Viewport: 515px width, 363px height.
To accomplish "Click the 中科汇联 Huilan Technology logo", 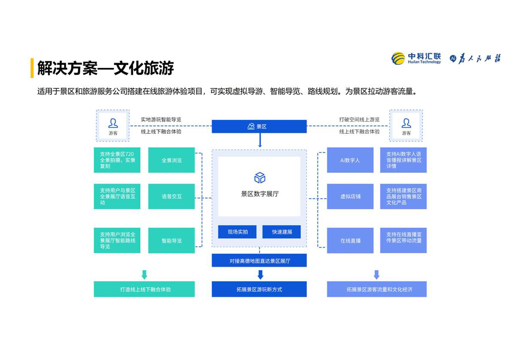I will pos(416,59).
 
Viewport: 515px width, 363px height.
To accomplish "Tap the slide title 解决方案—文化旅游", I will pos(105,68).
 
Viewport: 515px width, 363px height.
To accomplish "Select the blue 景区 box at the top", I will pos(259,126).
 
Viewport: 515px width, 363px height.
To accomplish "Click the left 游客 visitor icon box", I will pos(112,126).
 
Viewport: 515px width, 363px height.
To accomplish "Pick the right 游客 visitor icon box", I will pos(406,126).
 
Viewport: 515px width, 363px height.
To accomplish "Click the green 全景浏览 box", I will pos(171,160).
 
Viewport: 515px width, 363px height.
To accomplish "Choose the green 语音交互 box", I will pos(171,196).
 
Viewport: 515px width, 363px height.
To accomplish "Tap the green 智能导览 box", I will pos(171,240).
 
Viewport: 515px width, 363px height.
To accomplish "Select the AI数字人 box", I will pos(350,160).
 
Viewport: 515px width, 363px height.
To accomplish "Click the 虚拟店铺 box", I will pos(350,196).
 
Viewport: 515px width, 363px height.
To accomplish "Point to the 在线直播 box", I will pos(350,240).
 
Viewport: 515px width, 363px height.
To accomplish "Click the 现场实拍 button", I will pos(237,232).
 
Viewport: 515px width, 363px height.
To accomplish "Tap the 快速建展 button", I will pos(282,232).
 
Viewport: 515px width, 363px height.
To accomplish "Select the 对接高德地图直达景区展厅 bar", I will pos(259,261).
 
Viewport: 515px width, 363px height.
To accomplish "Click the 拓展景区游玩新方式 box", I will pos(259,289).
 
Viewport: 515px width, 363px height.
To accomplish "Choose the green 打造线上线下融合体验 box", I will pos(144,289).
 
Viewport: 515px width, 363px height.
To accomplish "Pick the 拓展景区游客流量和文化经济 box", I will pos(376,289).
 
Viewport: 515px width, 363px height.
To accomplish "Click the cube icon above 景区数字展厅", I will pos(259,177).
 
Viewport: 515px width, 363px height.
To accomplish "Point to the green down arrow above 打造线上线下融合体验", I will pos(144,275).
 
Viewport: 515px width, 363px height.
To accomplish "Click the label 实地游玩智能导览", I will pos(160,119).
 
